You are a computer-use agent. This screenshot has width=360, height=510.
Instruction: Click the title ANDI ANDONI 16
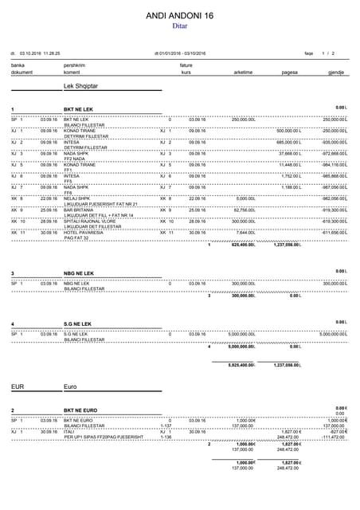pyautogui.click(x=180, y=15)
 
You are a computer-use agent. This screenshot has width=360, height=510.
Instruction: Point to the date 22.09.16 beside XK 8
pyautogui.click(x=47, y=198)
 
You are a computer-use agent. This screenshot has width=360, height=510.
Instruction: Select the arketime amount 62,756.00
pyautogui.click(x=242, y=209)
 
